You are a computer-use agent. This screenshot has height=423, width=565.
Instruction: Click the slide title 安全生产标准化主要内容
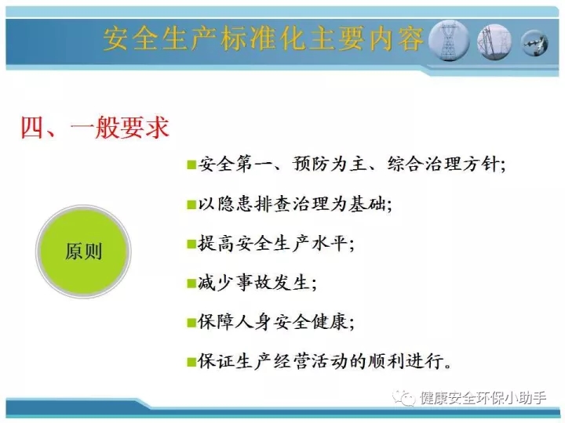(x=264, y=38)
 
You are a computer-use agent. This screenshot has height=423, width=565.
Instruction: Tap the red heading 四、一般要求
(x=95, y=128)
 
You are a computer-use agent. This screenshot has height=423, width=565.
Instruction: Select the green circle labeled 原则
(x=83, y=251)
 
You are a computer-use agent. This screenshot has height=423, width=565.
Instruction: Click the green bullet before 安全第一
(x=191, y=164)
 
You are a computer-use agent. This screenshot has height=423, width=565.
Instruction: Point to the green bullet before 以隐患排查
(x=191, y=204)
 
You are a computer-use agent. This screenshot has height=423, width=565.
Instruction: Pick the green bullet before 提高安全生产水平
(x=191, y=244)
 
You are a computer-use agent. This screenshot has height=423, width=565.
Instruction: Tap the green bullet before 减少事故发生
(x=191, y=284)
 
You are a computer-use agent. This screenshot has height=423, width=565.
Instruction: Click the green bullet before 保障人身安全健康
(x=191, y=322)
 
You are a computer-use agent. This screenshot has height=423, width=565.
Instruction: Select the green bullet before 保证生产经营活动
(x=191, y=361)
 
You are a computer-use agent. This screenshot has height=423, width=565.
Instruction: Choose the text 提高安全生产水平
(x=272, y=244)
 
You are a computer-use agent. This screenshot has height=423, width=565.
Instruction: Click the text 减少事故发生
(x=253, y=283)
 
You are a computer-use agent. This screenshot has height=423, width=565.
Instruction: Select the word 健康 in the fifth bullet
(x=330, y=322)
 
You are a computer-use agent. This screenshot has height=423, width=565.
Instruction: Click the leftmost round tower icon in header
(x=449, y=41)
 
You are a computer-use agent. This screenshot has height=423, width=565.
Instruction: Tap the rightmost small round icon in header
(x=535, y=44)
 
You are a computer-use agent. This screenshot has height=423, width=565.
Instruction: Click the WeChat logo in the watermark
(x=404, y=397)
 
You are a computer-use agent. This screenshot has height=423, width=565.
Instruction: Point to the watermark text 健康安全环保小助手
(x=483, y=398)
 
